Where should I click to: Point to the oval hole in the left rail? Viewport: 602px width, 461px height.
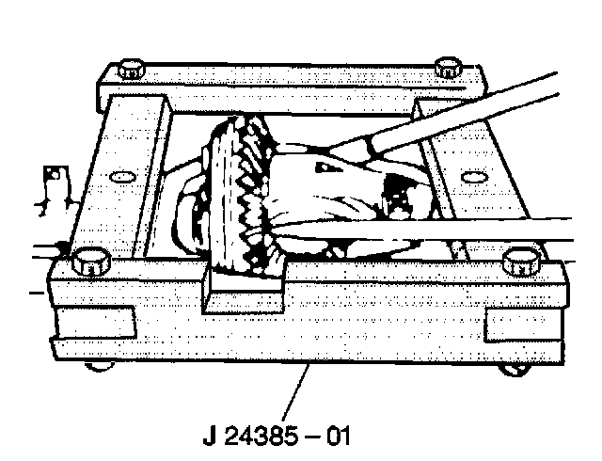120,176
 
